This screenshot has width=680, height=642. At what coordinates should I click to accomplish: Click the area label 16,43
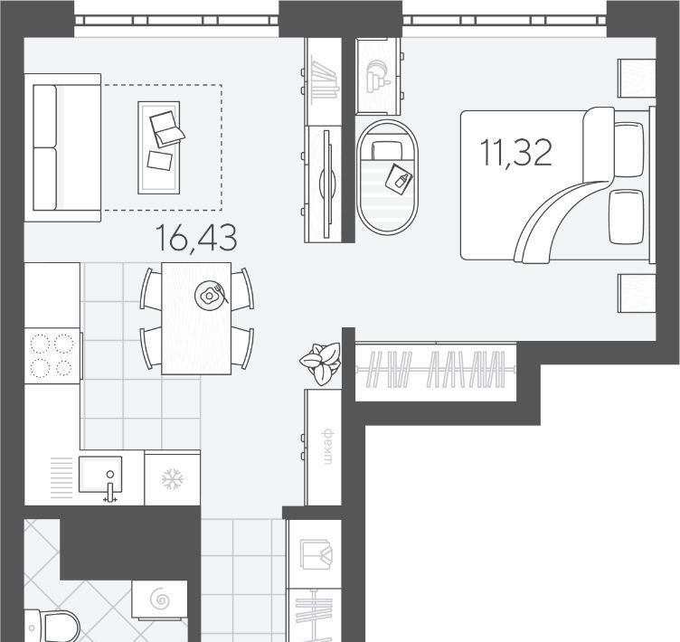click(x=196, y=238)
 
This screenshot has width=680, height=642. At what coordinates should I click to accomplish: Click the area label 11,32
click(x=516, y=153)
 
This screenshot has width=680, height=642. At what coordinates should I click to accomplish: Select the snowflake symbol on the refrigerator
click(x=172, y=479)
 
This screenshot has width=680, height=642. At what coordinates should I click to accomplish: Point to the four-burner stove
click(x=52, y=355)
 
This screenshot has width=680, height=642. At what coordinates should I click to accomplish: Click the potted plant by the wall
click(x=320, y=363)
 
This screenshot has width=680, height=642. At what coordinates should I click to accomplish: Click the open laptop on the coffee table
click(x=166, y=128)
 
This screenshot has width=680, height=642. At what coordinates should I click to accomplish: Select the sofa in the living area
click(x=63, y=147)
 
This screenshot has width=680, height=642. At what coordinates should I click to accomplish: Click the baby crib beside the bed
click(x=387, y=177)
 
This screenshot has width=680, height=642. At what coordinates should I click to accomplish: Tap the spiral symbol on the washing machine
click(x=160, y=600)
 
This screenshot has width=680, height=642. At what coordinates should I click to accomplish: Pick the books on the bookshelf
click(x=324, y=80)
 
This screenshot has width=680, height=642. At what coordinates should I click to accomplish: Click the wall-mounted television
click(x=327, y=184)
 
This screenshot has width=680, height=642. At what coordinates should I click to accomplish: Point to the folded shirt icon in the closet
click(x=316, y=555)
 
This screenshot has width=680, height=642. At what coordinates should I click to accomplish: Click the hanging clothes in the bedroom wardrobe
click(x=436, y=369)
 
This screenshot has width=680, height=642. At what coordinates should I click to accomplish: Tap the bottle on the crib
click(x=399, y=177)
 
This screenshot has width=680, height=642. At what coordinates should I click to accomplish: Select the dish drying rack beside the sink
click(x=61, y=478)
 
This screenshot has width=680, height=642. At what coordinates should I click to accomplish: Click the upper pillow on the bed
click(x=628, y=150)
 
